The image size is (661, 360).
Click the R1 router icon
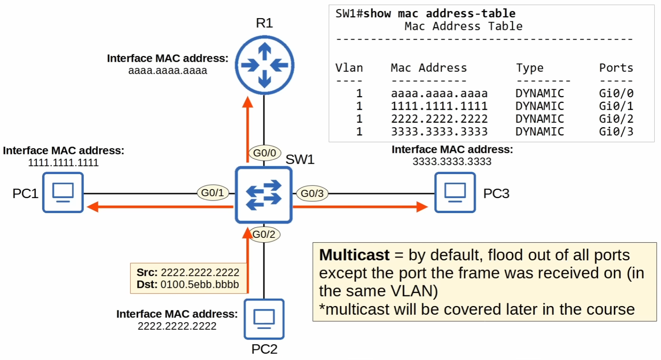[x=264, y=65]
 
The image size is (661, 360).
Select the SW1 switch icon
[x=263, y=195]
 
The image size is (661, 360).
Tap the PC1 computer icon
[x=63, y=192]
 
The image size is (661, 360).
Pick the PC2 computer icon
[x=264, y=319]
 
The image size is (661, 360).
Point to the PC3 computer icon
[x=455, y=192]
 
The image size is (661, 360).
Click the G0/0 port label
[x=265, y=153]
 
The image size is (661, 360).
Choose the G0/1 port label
[x=213, y=193]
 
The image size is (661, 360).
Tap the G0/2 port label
[x=264, y=234]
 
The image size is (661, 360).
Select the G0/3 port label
[x=312, y=193]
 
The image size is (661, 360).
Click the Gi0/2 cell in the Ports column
[x=616, y=119]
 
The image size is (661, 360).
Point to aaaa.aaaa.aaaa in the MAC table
[x=439, y=93]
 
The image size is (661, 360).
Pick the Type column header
[x=530, y=68]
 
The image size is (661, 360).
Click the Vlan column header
[x=349, y=68]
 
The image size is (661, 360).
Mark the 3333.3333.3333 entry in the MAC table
[x=439, y=132]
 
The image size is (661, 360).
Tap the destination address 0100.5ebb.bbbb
[x=200, y=284]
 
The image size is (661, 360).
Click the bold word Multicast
[x=354, y=255]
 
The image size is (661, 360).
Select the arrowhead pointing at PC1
[x=93, y=206]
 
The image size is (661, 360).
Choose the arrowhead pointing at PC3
[x=422, y=206]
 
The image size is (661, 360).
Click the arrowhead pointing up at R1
[x=248, y=102]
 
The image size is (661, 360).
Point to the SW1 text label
[x=300, y=159]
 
